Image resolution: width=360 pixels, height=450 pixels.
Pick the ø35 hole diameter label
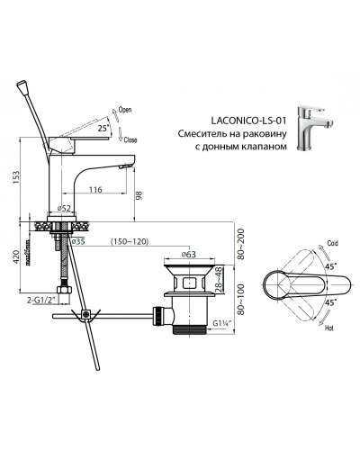click(78, 242)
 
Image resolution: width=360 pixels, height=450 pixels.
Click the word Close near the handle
click(129, 141)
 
